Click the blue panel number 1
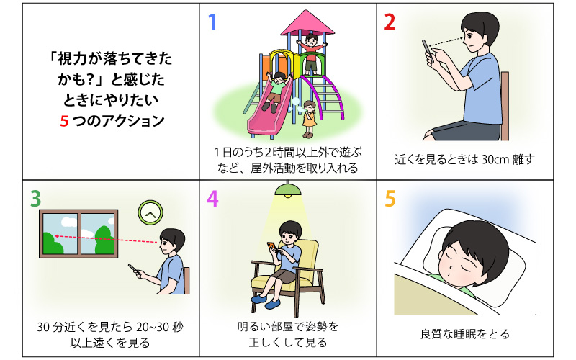pos(212,22)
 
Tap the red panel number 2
pos(390,22)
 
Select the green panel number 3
pos(35,199)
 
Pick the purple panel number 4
pos(212,199)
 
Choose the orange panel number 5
pos(390,199)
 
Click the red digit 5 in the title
pos(64,121)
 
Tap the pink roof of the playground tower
pos(307,23)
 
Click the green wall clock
pos(150,212)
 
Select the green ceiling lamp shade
pos(288,189)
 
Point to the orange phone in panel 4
pos(271,246)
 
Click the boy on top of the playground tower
pos(311,53)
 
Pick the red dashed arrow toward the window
pos(107,239)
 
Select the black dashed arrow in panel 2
pos(445,42)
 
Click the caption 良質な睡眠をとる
pos(464,334)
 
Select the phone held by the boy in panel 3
pos(134,270)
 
